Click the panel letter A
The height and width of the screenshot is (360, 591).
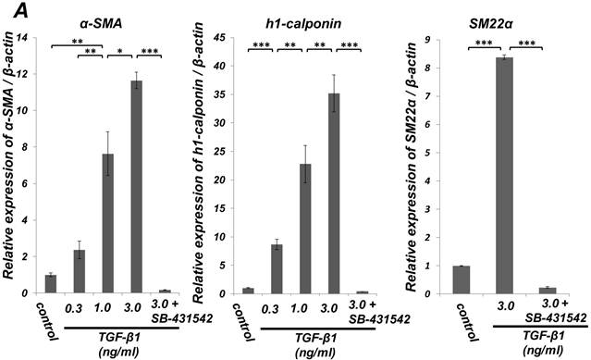pos(21,11)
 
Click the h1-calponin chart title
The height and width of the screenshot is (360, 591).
pos(303,24)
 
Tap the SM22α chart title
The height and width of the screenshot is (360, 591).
pos(492,24)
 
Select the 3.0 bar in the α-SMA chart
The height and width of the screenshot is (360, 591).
pos(137,187)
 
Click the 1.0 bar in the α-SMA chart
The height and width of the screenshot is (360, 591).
pos(108,223)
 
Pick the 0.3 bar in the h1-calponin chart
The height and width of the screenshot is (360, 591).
pos(277,268)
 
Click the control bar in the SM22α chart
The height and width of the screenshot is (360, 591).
pos(462,279)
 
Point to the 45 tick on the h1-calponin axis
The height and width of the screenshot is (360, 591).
pos(221,38)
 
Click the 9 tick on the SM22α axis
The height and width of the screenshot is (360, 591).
pos(428,40)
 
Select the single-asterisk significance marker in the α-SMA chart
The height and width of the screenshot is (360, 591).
pos(120,52)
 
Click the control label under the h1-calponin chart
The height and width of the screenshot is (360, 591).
pos(243,321)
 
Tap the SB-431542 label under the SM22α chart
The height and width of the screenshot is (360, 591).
pos(556,317)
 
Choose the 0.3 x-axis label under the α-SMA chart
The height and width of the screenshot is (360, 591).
pos(74,309)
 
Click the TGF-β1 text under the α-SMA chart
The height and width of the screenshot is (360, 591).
pos(118,337)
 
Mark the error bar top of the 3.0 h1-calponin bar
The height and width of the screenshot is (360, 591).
pos(334,75)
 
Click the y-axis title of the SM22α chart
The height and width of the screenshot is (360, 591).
pos(412,167)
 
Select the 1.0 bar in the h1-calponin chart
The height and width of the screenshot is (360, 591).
pos(305,229)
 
